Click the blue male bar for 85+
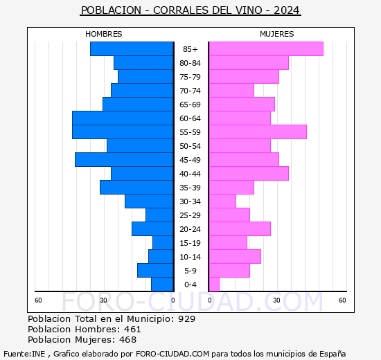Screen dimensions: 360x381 (132, 49)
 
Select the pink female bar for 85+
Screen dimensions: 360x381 (265, 49)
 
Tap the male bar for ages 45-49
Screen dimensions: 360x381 (124, 160)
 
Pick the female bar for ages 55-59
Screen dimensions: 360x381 (257, 132)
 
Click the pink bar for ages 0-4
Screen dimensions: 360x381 (214, 285)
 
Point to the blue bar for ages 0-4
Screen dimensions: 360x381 (162, 285)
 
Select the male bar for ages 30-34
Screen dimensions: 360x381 (149, 201)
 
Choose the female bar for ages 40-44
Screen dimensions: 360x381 (248, 174)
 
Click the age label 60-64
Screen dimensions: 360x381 (190, 118)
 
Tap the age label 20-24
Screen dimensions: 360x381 (190, 229)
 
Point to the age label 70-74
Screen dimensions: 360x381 (190, 91)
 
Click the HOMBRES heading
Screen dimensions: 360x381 (104, 34)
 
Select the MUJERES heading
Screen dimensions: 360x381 (276, 34)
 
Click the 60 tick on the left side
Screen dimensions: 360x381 (39, 300)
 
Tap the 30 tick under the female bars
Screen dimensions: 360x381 (276, 300)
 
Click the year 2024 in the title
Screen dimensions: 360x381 (286, 10)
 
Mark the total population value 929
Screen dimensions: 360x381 (186, 319)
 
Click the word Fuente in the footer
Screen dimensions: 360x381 (17, 353)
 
